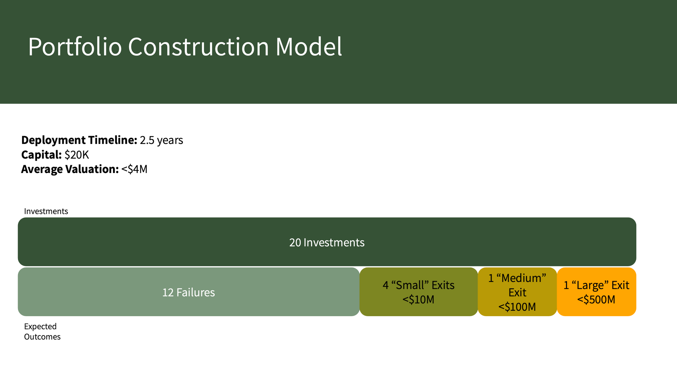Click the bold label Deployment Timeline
point(79,140)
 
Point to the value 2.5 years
point(161,140)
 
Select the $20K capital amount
point(77,155)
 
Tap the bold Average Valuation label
point(70,169)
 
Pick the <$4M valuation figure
point(134,169)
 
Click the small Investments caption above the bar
point(46,211)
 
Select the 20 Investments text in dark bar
point(327,242)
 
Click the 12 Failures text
point(189,292)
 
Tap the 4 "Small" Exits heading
point(419,285)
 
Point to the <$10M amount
point(419,300)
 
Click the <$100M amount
point(517,307)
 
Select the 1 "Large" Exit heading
point(596,285)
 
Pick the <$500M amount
point(596,300)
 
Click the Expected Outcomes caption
point(42,331)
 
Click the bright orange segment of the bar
point(596,292)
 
